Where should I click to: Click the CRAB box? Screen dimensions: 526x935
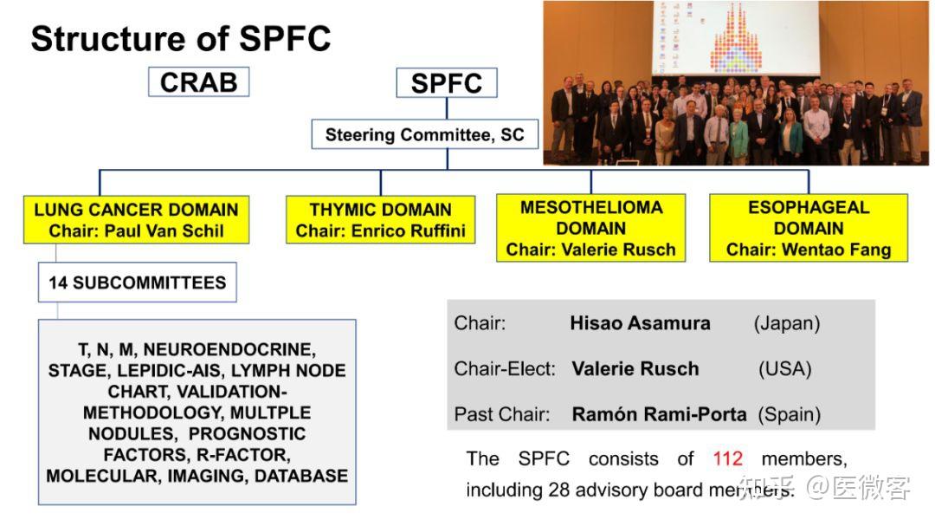(198, 82)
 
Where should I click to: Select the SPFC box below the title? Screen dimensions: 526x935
(446, 83)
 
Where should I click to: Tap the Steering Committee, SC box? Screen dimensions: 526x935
(424, 135)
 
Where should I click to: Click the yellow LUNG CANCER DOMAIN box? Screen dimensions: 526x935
(136, 220)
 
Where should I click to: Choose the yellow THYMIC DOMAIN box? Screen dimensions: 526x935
(380, 220)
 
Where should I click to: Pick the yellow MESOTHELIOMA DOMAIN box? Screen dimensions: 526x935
(590, 228)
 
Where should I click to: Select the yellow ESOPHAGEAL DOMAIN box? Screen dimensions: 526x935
(808, 228)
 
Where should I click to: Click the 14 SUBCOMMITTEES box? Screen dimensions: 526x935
(138, 283)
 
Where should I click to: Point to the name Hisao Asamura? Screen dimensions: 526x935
(640, 323)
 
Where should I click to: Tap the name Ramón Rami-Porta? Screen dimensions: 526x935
(659, 414)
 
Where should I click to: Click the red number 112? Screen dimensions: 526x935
(728, 458)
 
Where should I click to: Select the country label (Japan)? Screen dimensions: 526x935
(786, 323)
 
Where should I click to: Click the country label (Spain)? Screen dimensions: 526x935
(790, 414)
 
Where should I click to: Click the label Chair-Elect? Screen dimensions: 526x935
(504, 368)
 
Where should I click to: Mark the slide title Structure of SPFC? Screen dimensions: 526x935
(181, 39)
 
